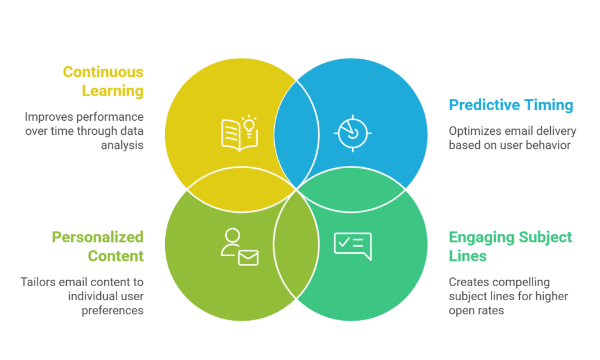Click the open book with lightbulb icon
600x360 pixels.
239,134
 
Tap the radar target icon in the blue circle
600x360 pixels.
353,133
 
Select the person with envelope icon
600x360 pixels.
239,247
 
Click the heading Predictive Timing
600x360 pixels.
511,105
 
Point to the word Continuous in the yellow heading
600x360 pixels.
103,72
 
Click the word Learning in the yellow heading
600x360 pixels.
112,91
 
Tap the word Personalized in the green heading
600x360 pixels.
97,237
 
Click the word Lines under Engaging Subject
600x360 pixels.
468,256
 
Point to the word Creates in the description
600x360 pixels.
468,282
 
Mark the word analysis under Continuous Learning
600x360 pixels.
122,144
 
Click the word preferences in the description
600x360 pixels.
113,310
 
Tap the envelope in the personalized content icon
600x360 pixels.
248,257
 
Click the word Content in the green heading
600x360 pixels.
115,256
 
